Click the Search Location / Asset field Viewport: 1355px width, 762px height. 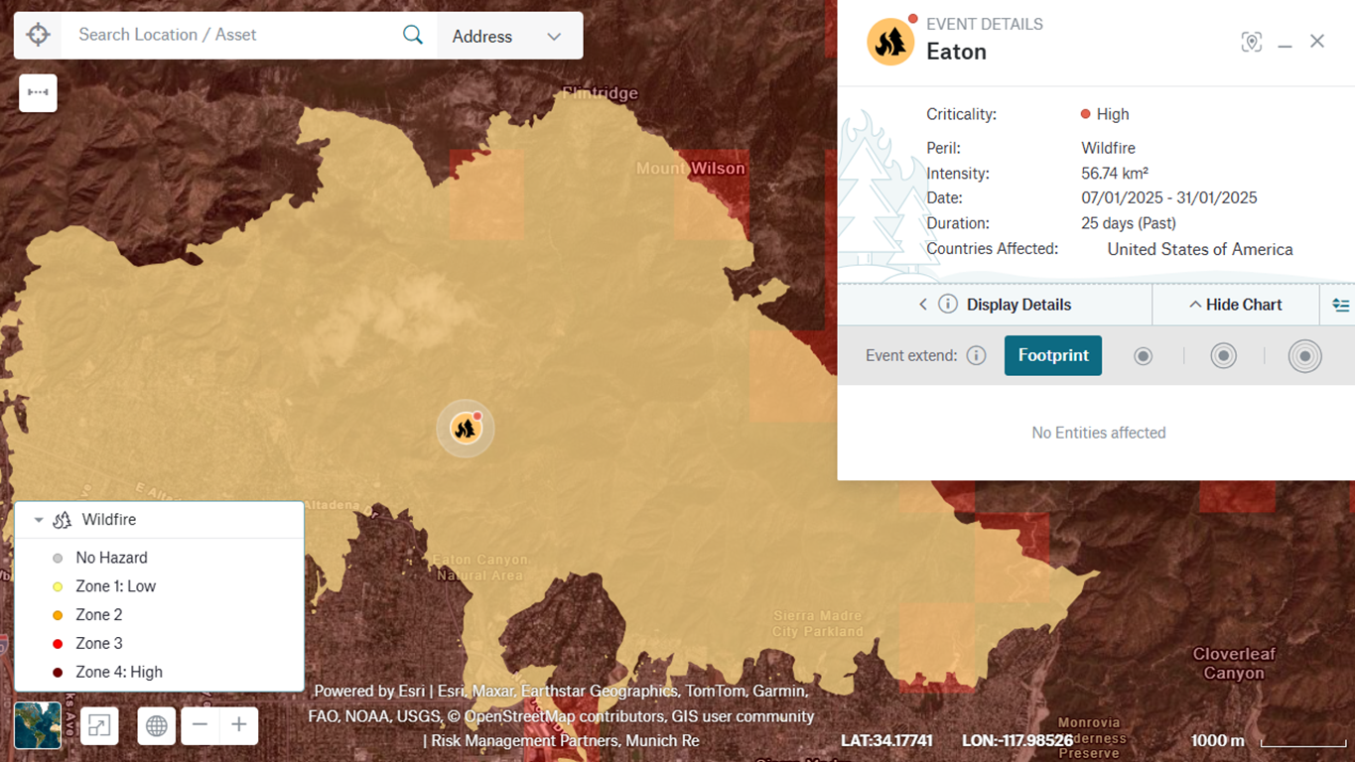(x=228, y=35)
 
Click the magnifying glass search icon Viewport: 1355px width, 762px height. (x=413, y=35)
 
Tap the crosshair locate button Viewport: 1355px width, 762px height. (x=38, y=35)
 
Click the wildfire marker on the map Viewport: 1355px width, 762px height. (x=466, y=428)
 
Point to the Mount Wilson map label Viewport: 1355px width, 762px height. (x=690, y=169)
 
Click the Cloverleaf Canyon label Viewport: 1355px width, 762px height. (x=1234, y=664)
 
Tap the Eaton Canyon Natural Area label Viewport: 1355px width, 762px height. (x=480, y=568)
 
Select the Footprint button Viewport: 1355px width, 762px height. (x=1052, y=355)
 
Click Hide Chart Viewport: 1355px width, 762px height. (x=1236, y=305)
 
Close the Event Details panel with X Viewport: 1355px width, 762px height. (x=1317, y=41)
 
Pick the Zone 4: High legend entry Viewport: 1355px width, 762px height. (x=118, y=672)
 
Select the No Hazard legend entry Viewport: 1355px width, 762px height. (x=111, y=558)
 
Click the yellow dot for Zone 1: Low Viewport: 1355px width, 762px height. (x=58, y=586)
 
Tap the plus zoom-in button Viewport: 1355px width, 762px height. (x=238, y=725)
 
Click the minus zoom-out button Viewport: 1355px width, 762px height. (x=200, y=725)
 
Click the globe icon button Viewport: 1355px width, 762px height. (x=156, y=725)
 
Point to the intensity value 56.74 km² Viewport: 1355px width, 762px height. (x=1114, y=174)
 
